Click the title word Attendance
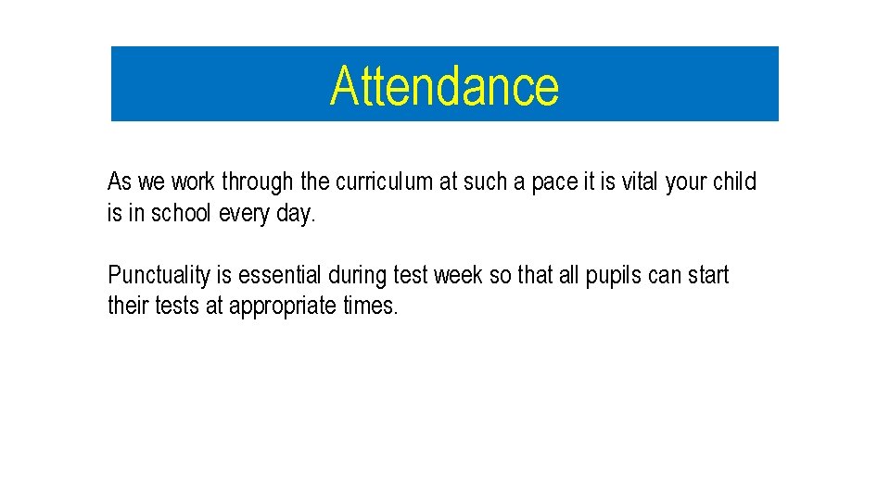(x=444, y=86)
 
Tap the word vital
(x=640, y=181)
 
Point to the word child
(x=734, y=181)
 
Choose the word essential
(x=280, y=276)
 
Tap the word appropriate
(x=283, y=306)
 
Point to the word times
(x=370, y=306)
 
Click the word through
(x=257, y=181)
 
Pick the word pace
(x=553, y=181)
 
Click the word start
(x=708, y=276)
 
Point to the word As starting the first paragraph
(x=120, y=181)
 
